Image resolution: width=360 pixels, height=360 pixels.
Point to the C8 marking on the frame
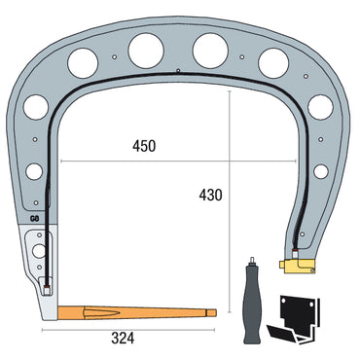(35, 220)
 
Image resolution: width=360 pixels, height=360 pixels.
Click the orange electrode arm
(136, 313)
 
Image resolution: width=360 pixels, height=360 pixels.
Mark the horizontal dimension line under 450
(144, 162)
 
